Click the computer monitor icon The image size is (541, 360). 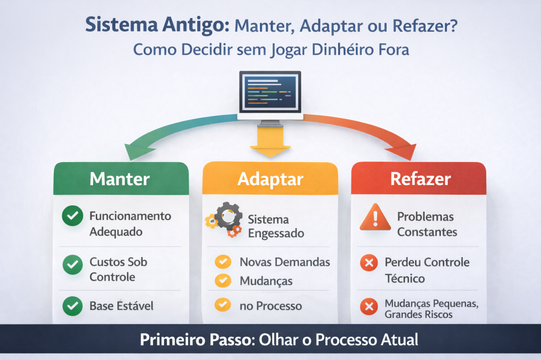(270, 94)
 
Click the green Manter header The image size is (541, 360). (120, 179)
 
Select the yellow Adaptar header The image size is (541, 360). (270, 179)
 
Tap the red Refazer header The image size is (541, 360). (420, 179)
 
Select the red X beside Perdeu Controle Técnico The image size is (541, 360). (368, 263)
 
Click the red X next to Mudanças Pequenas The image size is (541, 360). (368, 306)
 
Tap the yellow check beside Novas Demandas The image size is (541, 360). (223, 262)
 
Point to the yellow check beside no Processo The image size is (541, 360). (223, 305)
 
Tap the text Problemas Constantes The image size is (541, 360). (427, 224)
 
